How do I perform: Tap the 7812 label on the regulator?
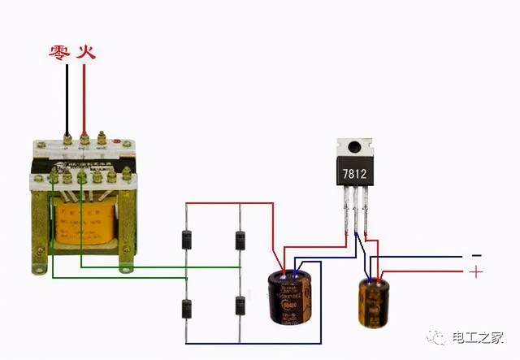coord(355,175)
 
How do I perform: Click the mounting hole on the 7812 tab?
coord(354,148)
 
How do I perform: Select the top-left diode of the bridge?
coord(185,241)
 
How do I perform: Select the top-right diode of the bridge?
coord(240,241)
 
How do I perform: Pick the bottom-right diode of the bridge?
coord(240,306)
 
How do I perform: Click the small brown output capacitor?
coord(375,302)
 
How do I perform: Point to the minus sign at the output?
coord(476,255)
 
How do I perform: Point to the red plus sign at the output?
coord(476,272)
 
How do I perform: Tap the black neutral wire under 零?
coord(67,98)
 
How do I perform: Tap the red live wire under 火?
coord(83,98)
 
